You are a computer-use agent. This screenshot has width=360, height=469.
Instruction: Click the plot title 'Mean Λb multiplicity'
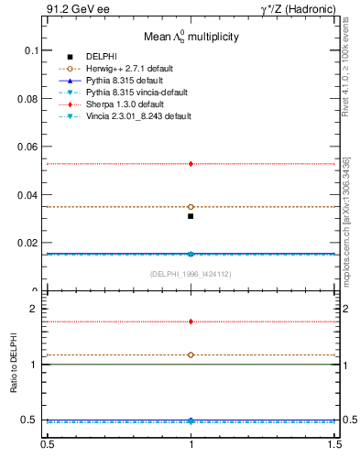coord(191,38)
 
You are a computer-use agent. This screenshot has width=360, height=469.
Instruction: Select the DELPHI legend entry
coord(101,57)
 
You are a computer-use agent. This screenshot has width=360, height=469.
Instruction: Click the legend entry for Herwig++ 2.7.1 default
coord(138,69)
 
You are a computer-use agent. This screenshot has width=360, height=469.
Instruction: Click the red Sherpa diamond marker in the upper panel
coord(191,164)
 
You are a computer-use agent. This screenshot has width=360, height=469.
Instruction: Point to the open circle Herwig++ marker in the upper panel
coord(191,207)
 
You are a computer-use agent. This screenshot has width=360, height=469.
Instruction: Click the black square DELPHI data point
coord(191,216)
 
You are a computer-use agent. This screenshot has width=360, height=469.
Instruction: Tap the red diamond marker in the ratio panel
coord(191,322)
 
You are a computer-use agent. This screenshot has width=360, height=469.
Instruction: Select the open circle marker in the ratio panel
coord(191,354)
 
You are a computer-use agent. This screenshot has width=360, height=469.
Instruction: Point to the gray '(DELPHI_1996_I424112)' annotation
coord(191,273)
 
